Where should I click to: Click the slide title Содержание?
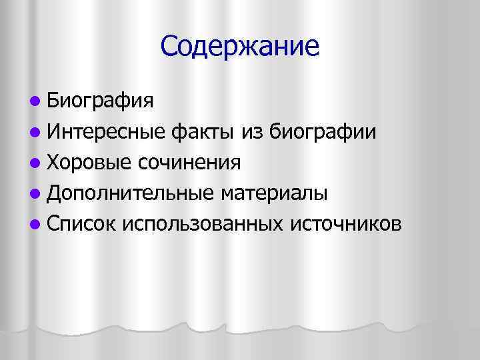[240, 45]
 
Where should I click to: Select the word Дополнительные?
[129, 193]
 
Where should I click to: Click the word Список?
[81, 224]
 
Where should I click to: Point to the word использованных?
[203, 224]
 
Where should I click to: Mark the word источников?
[346, 224]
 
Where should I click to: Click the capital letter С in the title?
[169, 45]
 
